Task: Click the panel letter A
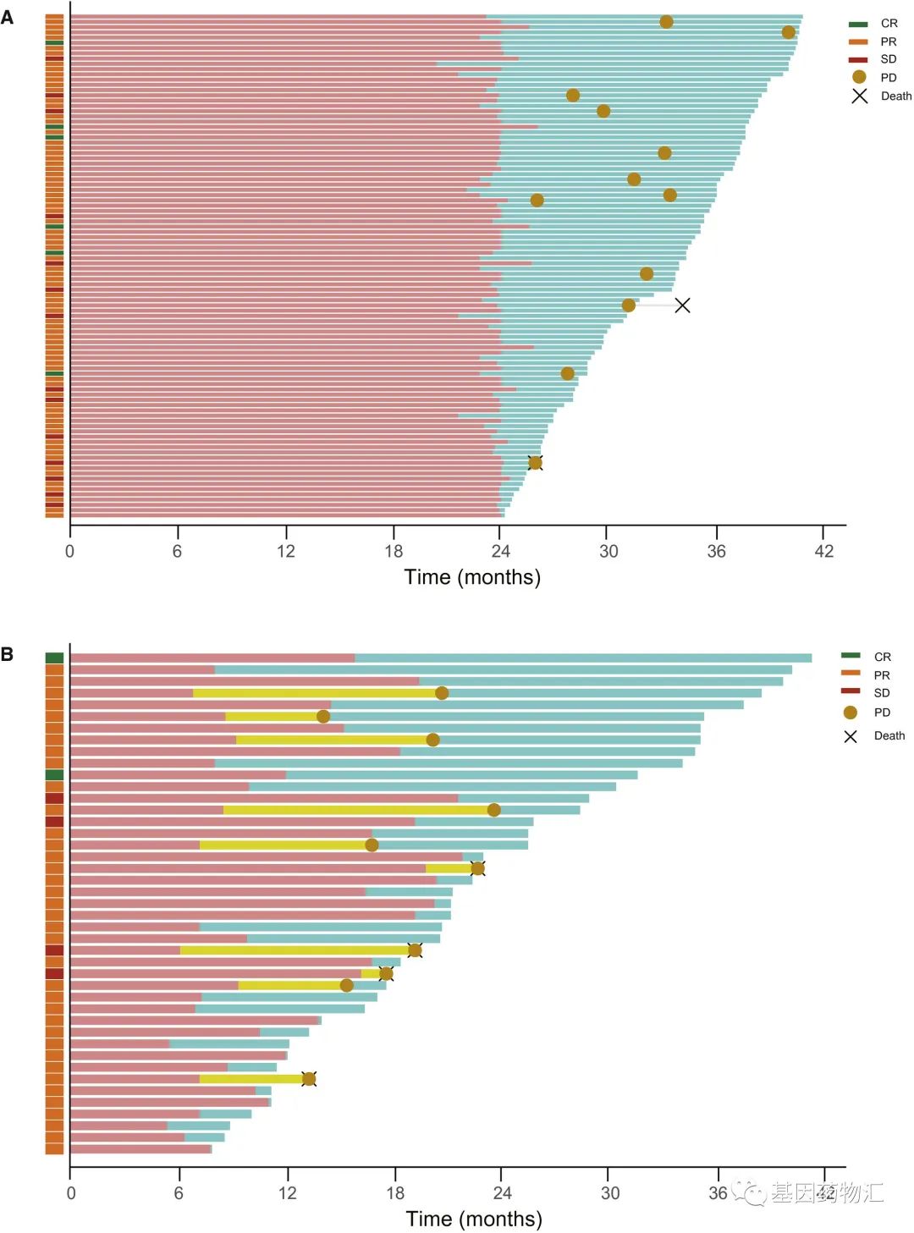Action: (8, 18)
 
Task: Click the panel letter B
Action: (8, 654)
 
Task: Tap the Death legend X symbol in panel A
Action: (860, 96)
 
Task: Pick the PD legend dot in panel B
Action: (851, 713)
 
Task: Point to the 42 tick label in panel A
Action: (823, 552)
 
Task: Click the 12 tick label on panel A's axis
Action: (286, 552)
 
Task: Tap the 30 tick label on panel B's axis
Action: (610, 1193)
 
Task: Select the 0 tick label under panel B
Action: (71, 1193)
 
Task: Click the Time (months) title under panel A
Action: (472, 577)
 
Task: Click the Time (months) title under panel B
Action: (474, 1219)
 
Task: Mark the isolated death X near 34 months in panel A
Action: (682, 305)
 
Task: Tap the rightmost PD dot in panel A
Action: (788, 32)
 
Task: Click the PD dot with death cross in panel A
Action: (535, 463)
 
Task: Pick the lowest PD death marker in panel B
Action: (309, 1079)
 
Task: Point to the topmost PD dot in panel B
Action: (442, 693)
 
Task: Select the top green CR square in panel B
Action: (54, 658)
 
